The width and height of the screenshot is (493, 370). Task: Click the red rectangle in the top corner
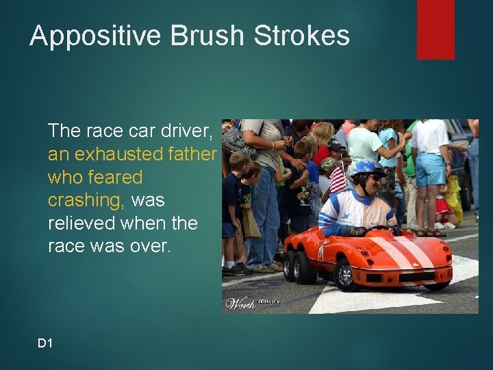[x=435, y=29]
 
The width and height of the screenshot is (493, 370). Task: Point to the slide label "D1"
[x=45, y=343]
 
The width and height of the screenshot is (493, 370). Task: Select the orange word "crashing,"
[x=86, y=200]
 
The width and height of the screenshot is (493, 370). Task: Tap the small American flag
[x=338, y=180]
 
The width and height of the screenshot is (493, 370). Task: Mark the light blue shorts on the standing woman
[x=431, y=169]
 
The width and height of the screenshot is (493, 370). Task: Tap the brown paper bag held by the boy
[x=251, y=223]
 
